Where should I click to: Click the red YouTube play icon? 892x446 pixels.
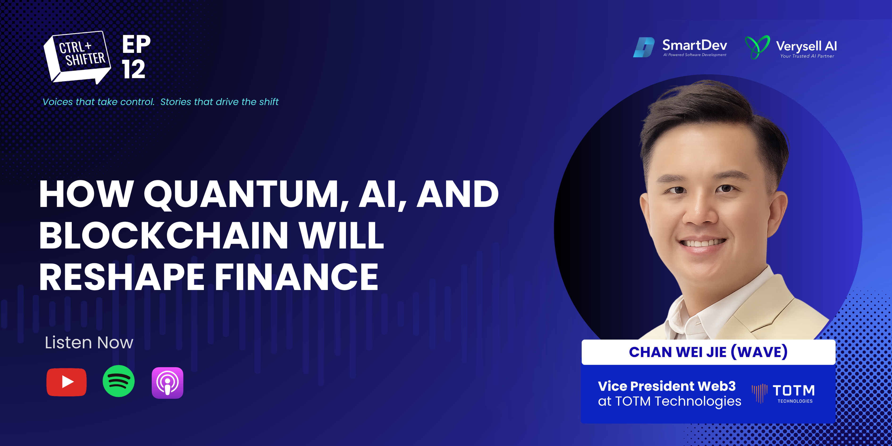67,382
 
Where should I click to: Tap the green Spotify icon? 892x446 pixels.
118,381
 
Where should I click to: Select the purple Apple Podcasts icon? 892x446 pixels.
168,383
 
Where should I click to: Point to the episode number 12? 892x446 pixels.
133,69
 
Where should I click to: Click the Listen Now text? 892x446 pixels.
89,342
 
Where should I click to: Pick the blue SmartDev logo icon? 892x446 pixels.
644,47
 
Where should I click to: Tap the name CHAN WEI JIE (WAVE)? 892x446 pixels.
708,352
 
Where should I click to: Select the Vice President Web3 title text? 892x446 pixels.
667,386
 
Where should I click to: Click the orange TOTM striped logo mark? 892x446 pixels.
759,393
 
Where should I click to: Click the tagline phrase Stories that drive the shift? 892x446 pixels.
219,102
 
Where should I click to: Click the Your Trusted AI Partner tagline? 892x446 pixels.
807,56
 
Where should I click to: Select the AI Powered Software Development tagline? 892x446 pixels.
695,55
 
